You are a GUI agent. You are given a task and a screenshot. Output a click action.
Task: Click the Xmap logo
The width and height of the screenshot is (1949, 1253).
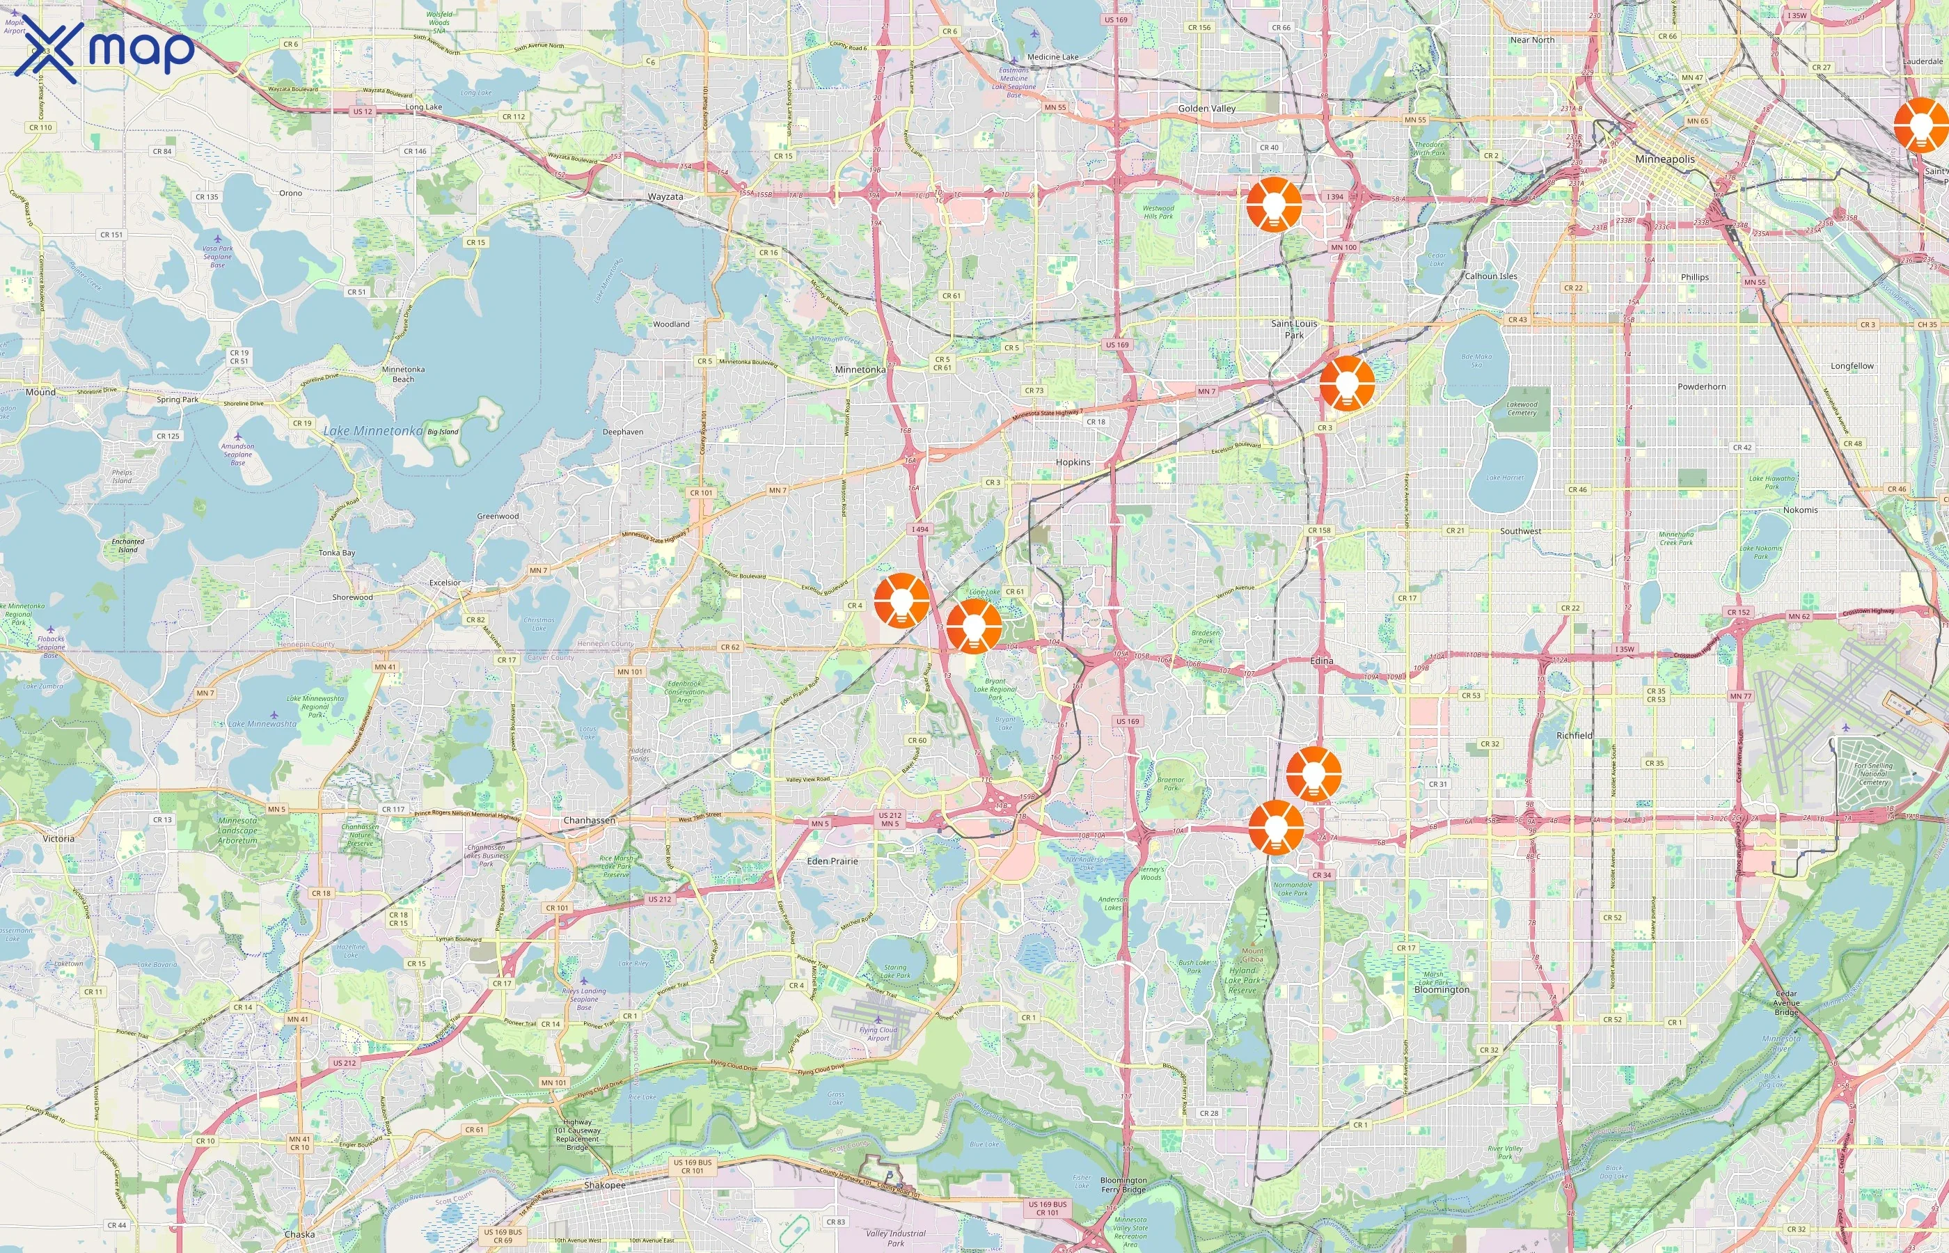(x=104, y=49)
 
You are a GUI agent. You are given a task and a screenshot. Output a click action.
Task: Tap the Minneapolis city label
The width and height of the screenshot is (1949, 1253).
(x=1665, y=159)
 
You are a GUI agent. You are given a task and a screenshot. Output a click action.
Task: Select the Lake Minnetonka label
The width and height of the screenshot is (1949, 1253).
(x=372, y=430)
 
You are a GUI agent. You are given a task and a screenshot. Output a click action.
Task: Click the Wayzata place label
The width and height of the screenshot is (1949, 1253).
(x=665, y=197)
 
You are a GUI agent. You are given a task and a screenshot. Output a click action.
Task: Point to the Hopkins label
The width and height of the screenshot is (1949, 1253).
(x=1073, y=462)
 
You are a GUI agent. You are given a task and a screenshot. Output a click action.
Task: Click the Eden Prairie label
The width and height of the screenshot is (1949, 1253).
(x=832, y=861)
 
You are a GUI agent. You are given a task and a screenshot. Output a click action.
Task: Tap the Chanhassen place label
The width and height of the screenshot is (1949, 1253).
(x=589, y=820)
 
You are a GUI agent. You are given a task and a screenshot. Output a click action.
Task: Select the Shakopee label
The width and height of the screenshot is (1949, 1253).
(x=605, y=1185)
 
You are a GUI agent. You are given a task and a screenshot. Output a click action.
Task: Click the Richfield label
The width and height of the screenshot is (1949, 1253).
(x=1574, y=736)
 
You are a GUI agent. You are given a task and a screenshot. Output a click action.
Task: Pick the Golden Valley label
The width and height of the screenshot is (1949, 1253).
(x=1206, y=108)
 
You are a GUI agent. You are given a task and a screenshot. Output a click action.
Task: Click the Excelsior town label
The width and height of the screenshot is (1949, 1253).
(x=445, y=583)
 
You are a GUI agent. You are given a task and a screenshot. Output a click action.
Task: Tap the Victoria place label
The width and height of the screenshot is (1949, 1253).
(x=58, y=838)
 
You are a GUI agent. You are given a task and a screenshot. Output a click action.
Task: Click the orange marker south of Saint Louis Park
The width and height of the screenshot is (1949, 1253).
(x=1347, y=382)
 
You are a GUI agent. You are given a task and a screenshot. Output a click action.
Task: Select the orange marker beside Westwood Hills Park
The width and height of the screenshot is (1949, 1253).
(x=1274, y=204)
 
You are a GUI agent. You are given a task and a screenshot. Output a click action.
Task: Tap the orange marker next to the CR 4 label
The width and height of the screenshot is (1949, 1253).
(x=901, y=599)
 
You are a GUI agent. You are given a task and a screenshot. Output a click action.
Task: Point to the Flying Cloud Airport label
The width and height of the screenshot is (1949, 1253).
(x=878, y=1033)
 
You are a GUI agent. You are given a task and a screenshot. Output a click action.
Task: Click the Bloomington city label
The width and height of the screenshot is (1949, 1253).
(x=1442, y=989)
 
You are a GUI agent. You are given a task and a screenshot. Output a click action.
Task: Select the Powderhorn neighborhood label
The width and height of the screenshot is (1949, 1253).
(x=1701, y=386)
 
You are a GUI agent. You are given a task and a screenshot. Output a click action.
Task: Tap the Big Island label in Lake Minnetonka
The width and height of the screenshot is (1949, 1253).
(x=443, y=432)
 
